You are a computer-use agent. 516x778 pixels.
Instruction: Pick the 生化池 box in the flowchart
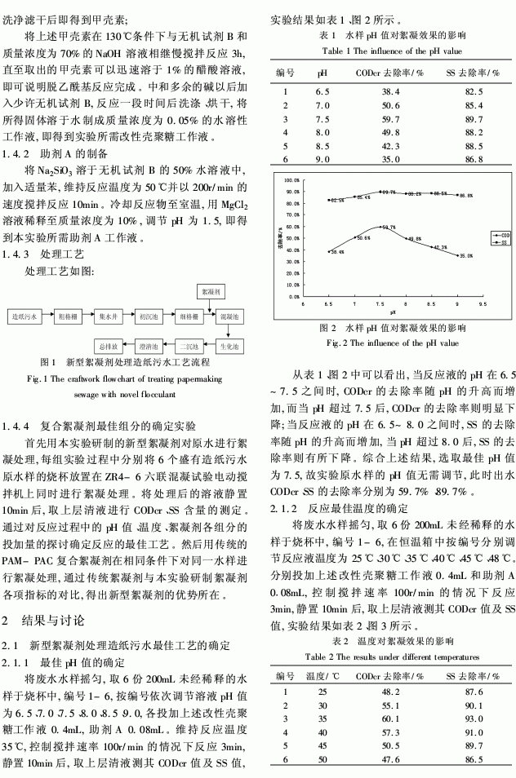pyautogui.click(x=231, y=346)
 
